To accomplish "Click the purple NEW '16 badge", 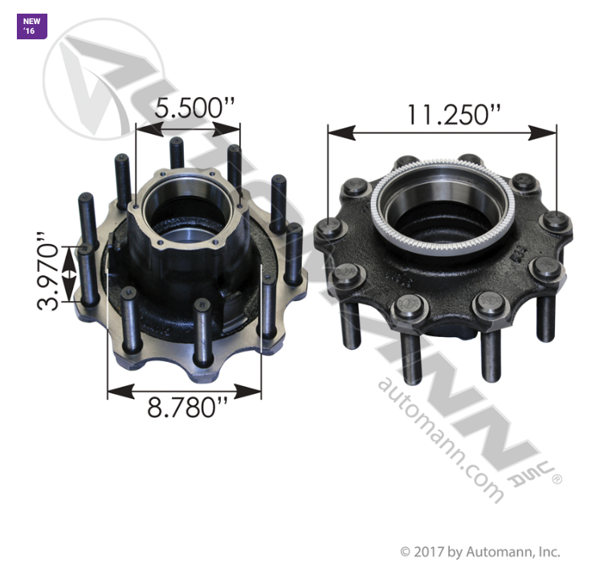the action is (32, 26).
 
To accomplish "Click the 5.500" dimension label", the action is (194, 108).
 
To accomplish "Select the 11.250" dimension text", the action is (454, 115).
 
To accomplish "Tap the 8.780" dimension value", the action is (188, 408).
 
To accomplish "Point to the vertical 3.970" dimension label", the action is (48, 271).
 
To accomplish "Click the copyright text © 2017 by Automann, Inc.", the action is (480, 552).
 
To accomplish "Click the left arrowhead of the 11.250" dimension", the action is (341, 132).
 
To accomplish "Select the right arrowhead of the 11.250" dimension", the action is (543, 132).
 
